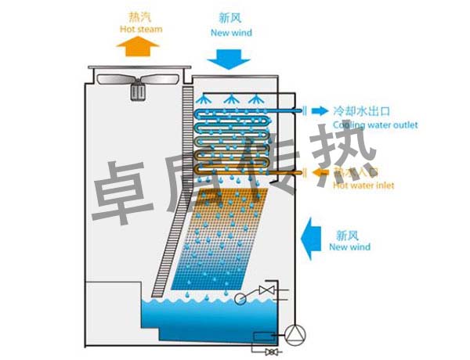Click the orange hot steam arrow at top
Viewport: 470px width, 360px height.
(x=138, y=46)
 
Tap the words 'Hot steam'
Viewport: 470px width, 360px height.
(x=141, y=30)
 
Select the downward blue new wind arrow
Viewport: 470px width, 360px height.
(x=231, y=57)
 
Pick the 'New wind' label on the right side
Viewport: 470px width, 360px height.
(x=349, y=247)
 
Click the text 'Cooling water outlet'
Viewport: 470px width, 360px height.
(x=375, y=125)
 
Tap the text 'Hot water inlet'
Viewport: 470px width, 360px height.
(x=363, y=185)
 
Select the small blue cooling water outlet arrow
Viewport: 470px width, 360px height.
(x=320, y=111)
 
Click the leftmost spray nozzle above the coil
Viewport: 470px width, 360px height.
(x=204, y=100)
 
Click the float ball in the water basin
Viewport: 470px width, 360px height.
(x=240, y=297)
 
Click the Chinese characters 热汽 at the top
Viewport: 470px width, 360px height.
(x=140, y=16)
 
